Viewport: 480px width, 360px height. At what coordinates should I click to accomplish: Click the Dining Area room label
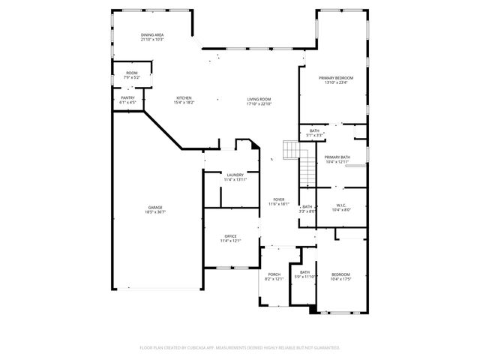[x=152, y=35]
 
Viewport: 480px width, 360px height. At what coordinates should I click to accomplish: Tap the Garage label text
[x=155, y=208]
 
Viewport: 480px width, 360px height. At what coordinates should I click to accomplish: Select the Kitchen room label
[x=184, y=98]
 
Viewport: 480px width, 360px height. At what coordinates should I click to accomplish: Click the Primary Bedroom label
[x=335, y=78]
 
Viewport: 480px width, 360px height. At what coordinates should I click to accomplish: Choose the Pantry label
[x=128, y=98]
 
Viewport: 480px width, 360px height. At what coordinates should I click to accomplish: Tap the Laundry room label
[x=235, y=175]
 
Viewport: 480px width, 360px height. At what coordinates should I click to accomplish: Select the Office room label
[x=230, y=236]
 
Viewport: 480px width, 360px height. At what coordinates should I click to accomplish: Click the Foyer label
[x=279, y=199]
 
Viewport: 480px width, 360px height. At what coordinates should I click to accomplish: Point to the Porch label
[x=274, y=274]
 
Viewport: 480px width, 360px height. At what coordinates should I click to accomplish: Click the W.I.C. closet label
[x=340, y=205]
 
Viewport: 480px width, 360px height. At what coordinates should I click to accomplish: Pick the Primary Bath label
[x=337, y=157]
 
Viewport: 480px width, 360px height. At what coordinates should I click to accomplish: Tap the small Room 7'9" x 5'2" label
[x=131, y=73]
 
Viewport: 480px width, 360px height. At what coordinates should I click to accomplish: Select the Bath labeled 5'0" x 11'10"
[x=305, y=272]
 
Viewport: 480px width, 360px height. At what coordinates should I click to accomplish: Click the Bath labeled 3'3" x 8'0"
[x=307, y=207]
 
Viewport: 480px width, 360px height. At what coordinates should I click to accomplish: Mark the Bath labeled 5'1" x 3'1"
[x=314, y=130]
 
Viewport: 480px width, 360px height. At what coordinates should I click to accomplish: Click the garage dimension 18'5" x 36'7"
[x=155, y=213]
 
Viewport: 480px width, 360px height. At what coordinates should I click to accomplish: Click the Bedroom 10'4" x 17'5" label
[x=340, y=274]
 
